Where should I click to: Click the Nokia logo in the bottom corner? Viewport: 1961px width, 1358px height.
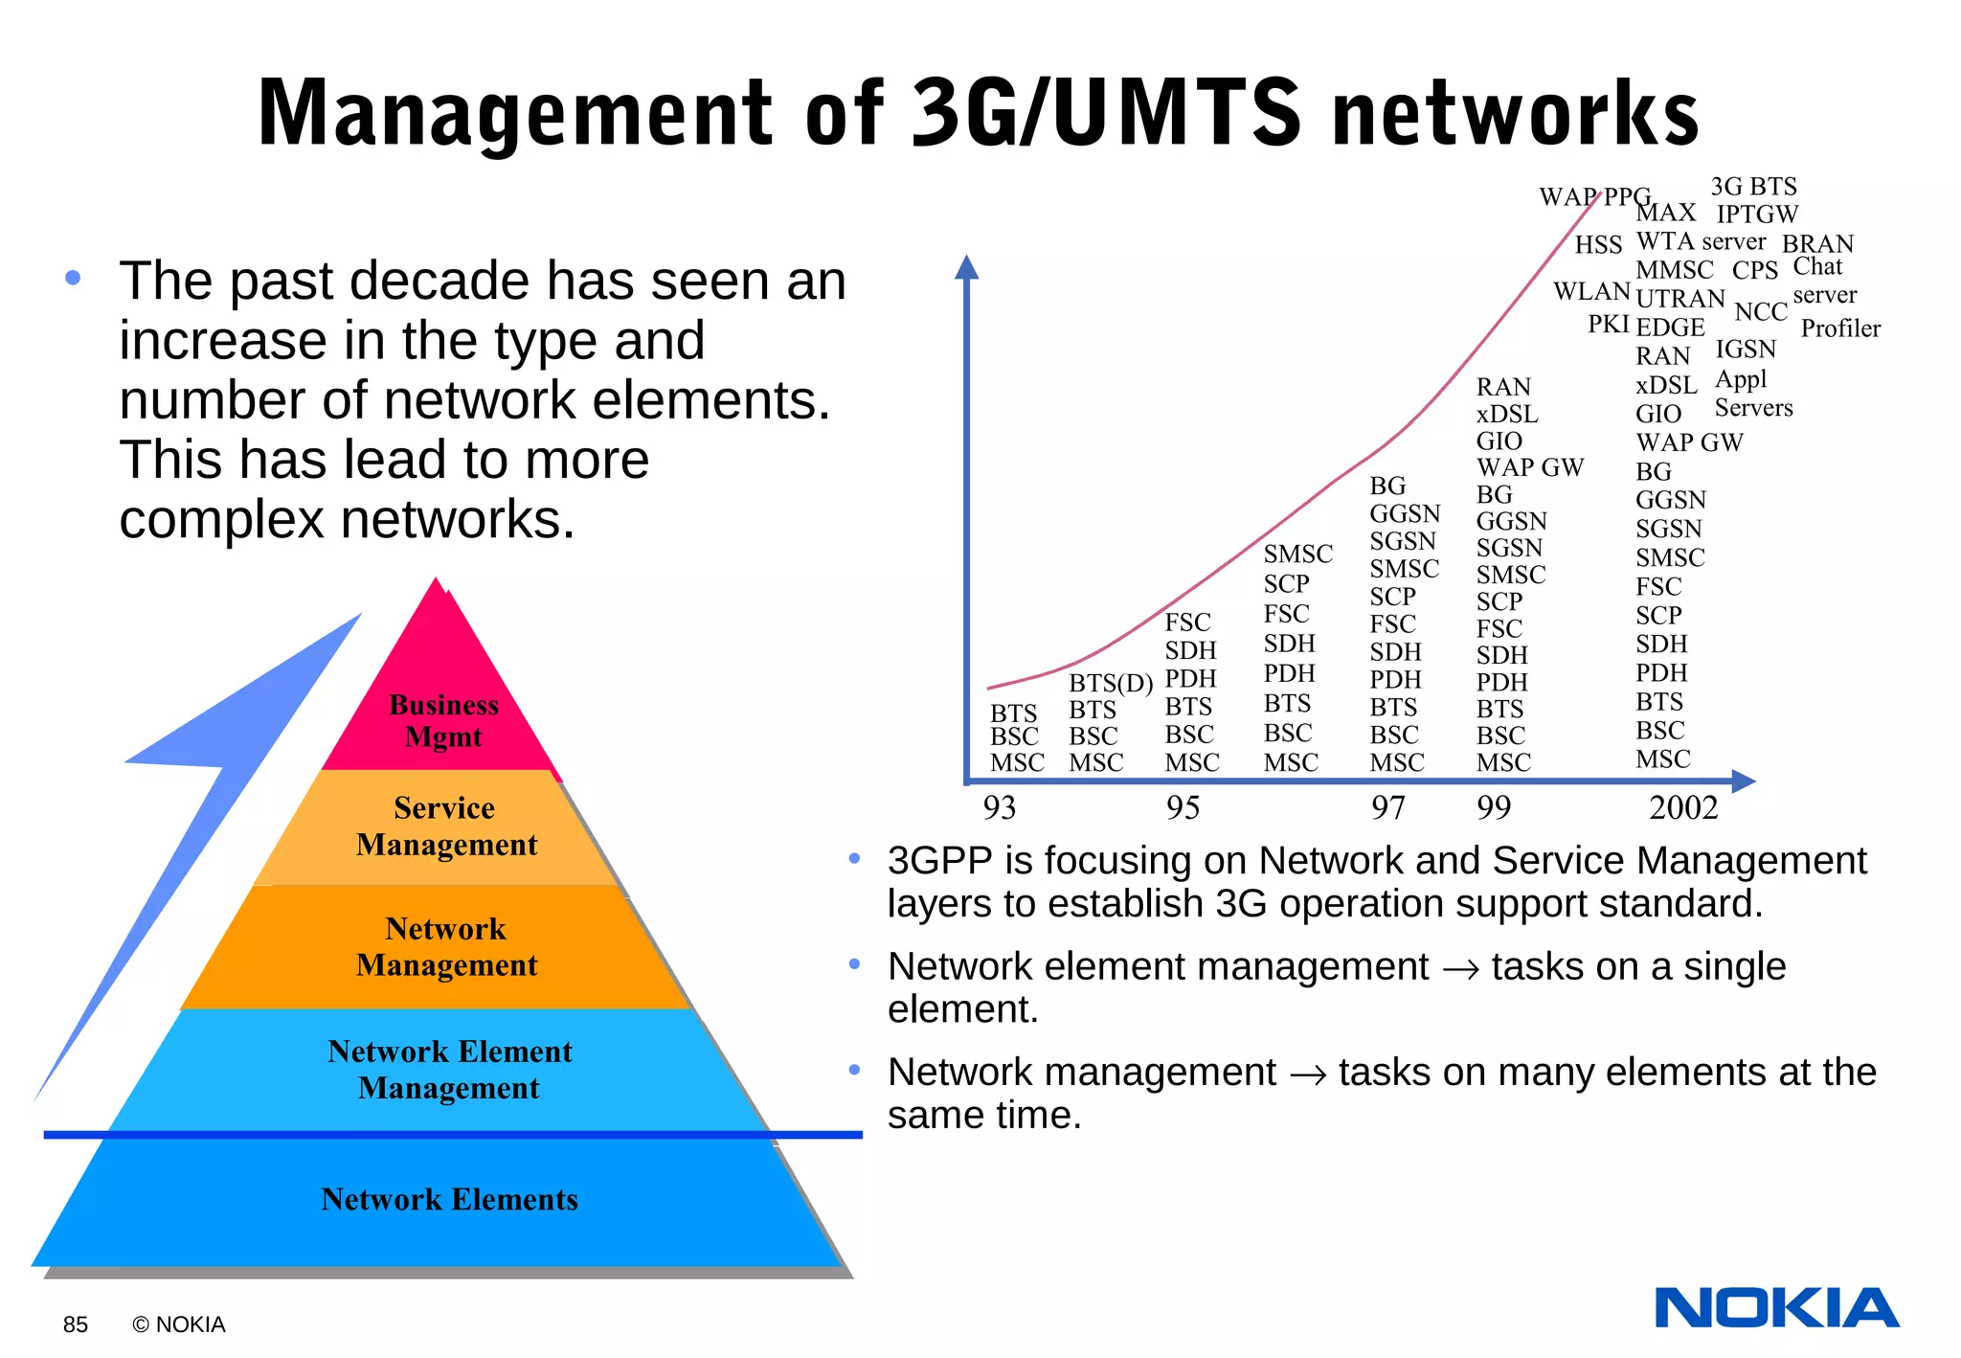1776,1308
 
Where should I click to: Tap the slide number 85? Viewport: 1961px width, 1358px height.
75,1324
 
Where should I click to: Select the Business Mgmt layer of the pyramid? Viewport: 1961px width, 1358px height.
443,720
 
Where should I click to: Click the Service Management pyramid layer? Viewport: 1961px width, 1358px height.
445,826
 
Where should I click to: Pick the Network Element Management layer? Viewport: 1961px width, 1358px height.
449,1070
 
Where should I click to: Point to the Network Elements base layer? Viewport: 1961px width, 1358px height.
449,1199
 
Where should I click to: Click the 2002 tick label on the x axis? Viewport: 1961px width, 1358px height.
1683,807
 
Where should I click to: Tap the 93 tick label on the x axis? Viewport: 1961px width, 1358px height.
999,807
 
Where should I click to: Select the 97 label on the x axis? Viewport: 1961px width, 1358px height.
1387,807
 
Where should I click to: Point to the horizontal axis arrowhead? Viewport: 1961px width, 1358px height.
1744,781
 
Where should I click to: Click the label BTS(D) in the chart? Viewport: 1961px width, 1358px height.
1111,683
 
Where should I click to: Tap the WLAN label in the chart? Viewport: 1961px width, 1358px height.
1591,291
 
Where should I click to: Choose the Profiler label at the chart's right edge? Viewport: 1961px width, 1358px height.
1840,328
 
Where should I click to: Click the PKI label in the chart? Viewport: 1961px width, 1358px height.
1608,325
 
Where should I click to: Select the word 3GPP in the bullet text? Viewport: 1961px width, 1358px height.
939,860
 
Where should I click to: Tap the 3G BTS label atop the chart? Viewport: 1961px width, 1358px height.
1753,187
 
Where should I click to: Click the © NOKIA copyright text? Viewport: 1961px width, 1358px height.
179,1324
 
